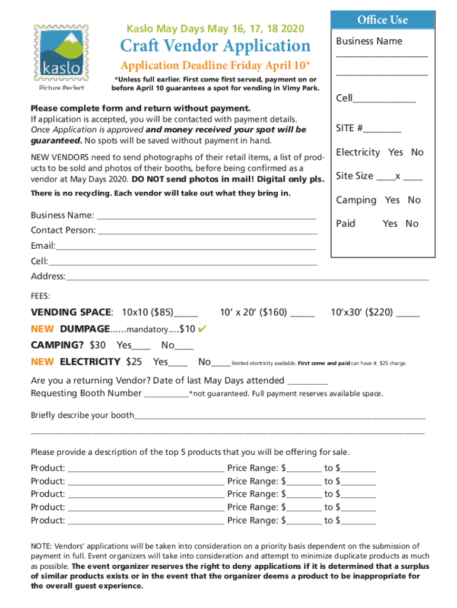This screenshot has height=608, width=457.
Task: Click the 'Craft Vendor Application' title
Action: (215, 46)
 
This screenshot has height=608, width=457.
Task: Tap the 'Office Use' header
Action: (382, 20)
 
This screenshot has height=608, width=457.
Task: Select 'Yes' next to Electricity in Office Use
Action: (396, 153)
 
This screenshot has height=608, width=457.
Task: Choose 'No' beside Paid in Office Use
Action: (412, 224)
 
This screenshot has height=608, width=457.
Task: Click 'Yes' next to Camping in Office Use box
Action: (392, 200)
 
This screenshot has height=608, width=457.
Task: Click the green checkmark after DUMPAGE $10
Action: (202, 328)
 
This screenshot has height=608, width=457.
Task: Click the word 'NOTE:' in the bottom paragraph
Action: (42, 546)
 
